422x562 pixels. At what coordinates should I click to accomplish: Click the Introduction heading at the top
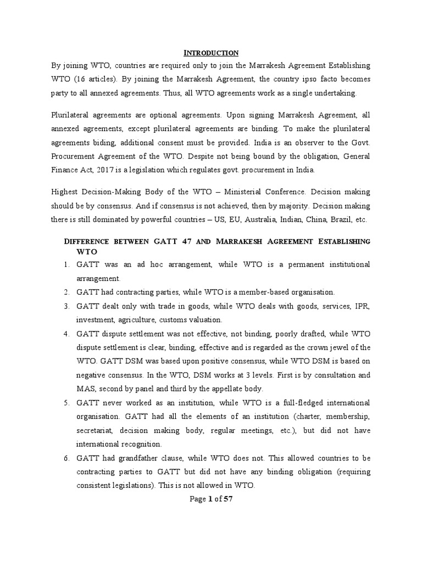(210, 53)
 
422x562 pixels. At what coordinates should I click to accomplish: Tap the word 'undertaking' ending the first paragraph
(336, 93)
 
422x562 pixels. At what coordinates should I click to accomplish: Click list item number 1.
(65, 265)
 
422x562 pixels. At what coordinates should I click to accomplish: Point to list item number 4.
(65, 334)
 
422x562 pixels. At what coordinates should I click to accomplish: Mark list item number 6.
(65, 458)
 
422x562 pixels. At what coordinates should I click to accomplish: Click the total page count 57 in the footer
(229, 499)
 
